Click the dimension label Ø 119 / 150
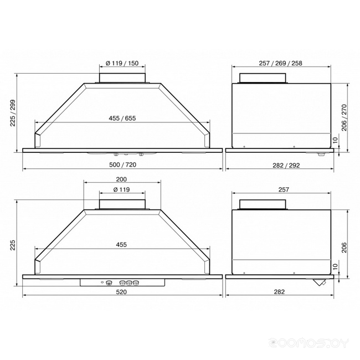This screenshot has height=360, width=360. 122,63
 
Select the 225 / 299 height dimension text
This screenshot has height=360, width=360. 13,113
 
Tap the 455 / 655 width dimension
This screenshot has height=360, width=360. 122,118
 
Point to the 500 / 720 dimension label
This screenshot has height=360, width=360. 122,164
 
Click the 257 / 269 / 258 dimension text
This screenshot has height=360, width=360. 281,63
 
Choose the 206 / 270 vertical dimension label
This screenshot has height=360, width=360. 344,117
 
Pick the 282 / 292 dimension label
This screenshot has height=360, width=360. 286,165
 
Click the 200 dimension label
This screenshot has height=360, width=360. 121,179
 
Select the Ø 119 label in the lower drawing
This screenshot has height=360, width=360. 122,189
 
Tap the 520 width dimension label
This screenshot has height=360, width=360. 121,292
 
